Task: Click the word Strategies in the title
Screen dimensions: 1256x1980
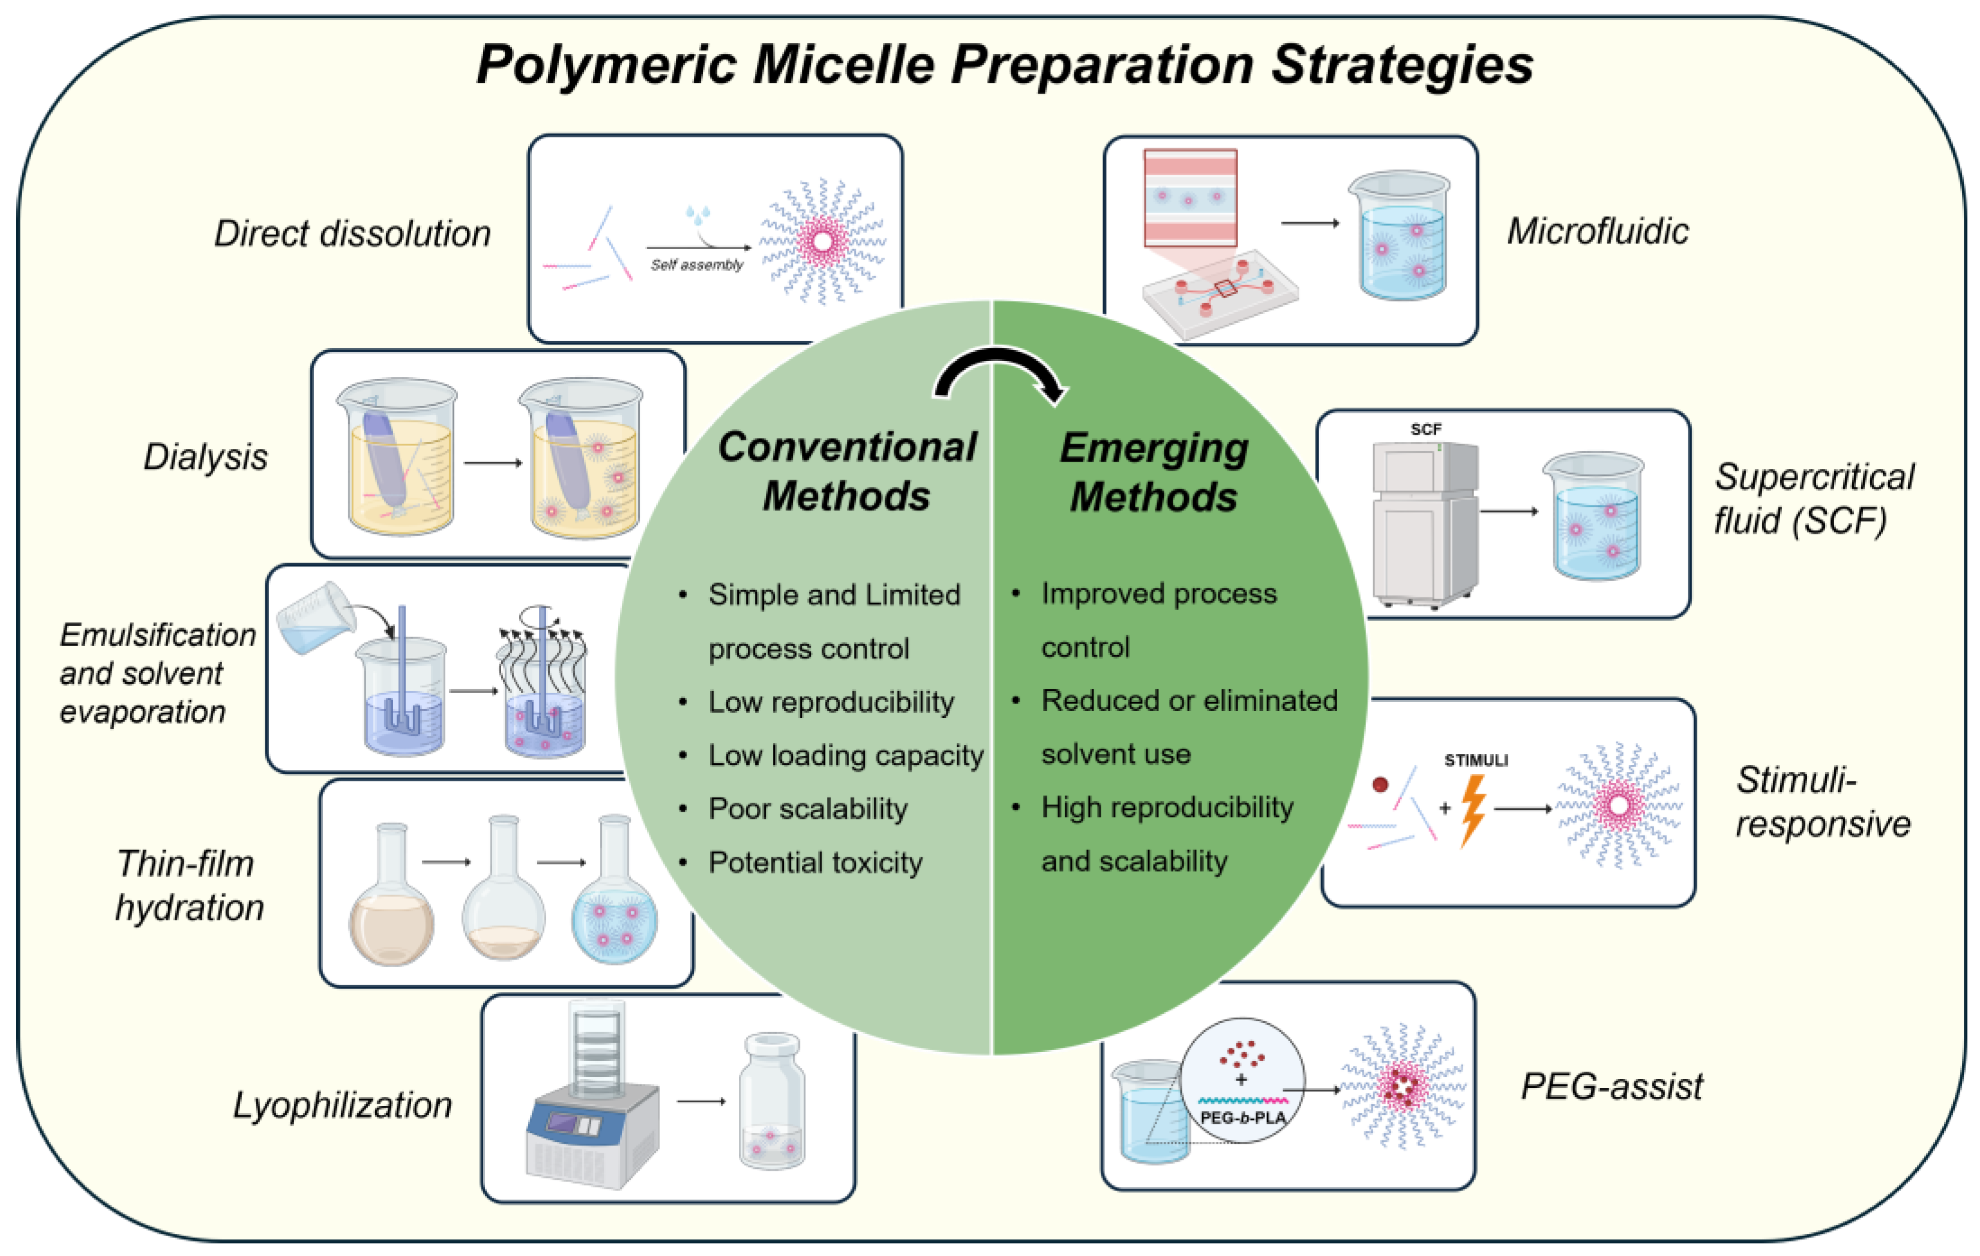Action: [x=1401, y=66]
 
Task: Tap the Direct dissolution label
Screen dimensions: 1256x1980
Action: [x=352, y=234]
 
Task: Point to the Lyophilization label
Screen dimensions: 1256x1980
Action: [x=342, y=1105]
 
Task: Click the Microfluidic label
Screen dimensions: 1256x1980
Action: [x=1597, y=231]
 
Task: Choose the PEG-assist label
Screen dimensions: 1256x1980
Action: [x=1611, y=1087]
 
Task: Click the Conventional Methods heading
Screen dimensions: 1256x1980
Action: [x=847, y=471]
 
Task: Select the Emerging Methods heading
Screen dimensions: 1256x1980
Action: [x=1154, y=472]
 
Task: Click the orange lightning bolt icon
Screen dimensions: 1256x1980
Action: [x=1473, y=809]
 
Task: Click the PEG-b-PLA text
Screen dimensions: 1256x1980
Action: [x=1242, y=1118]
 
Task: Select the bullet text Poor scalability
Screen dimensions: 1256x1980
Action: [x=807, y=809]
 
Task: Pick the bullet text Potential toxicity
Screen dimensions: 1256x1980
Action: [x=815, y=863]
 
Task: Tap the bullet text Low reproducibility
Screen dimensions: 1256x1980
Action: [x=831, y=702]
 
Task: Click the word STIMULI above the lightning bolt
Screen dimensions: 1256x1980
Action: [x=1476, y=760]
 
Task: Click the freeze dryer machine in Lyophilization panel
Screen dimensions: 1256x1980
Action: [x=592, y=1102]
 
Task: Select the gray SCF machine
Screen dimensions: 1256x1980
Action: [x=1424, y=523]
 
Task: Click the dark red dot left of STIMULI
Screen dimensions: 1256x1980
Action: [x=1380, y=785]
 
